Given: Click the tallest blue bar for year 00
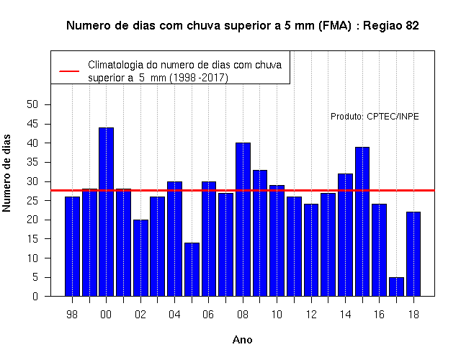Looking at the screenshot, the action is point(106,212).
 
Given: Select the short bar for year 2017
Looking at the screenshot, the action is point(396,287).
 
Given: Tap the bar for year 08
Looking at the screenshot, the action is point(243,220).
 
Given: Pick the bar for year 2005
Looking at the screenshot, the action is point(192,269).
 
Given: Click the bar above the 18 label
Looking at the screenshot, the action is point(413,254).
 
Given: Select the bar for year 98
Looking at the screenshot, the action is point(72,246).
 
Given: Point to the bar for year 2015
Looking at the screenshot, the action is point(362,222).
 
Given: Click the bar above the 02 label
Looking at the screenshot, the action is point(140,258).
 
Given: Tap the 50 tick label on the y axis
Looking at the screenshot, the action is point(32,104).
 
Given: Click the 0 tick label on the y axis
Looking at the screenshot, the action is point(35,296).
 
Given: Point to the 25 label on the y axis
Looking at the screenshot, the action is point(32,201).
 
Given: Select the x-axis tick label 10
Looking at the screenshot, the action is point(277,315).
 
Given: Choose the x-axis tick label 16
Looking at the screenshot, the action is point(379,315).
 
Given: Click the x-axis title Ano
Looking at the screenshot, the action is point(242,340).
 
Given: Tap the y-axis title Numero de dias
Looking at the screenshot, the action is point(6,173).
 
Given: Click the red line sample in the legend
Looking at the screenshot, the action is point(69,71).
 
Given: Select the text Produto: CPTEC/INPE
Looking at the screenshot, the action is point(375,117).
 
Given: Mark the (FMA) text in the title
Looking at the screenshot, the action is point(334,26).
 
